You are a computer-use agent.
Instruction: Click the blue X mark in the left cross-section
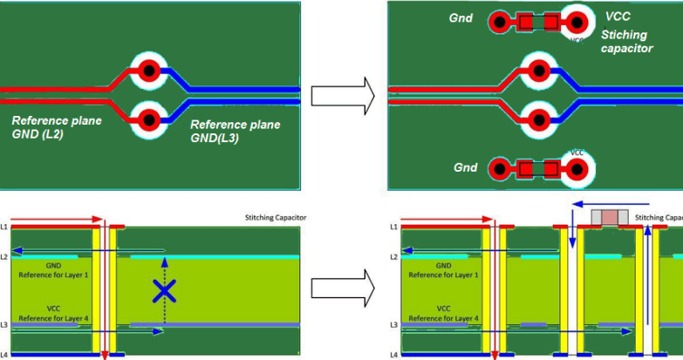coord(163,291)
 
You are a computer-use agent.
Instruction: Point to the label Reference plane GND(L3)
coord(235,131)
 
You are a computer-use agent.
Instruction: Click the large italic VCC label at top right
coord(618,17)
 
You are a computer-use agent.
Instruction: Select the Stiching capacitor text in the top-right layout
coord(626,42)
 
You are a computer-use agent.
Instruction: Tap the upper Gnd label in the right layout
coord(462,18)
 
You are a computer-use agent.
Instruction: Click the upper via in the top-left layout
coord(149,71)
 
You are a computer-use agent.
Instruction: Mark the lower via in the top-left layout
coord(149,117)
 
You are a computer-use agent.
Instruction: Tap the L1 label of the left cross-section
coord(4,227)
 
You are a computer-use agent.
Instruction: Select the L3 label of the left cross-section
coord(4,325)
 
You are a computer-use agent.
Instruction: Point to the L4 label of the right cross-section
coord(393,355)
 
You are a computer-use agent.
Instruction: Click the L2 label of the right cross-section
coord(393,256)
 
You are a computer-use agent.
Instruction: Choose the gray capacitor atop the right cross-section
coord(607,217)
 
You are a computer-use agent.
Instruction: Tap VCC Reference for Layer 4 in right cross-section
coord(444,313)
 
